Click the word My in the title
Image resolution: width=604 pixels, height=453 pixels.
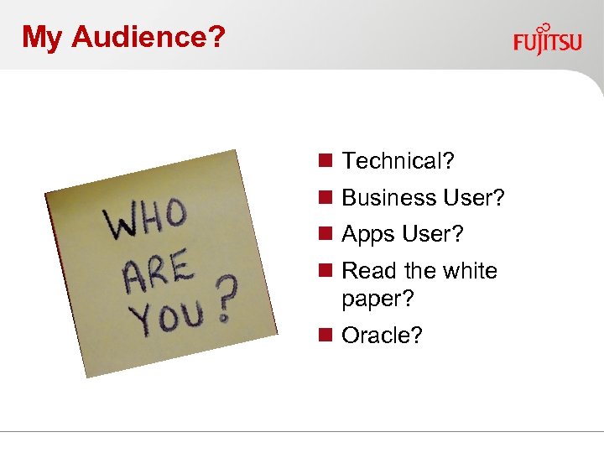click(x=44, y=37)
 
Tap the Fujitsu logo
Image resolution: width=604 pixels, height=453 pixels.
click(x=547, y=39)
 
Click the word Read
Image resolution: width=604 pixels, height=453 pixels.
click(x=368, y=271)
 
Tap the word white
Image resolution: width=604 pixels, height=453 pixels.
click(x=469, y=271)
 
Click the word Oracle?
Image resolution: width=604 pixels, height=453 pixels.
click(x=382, y=336)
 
